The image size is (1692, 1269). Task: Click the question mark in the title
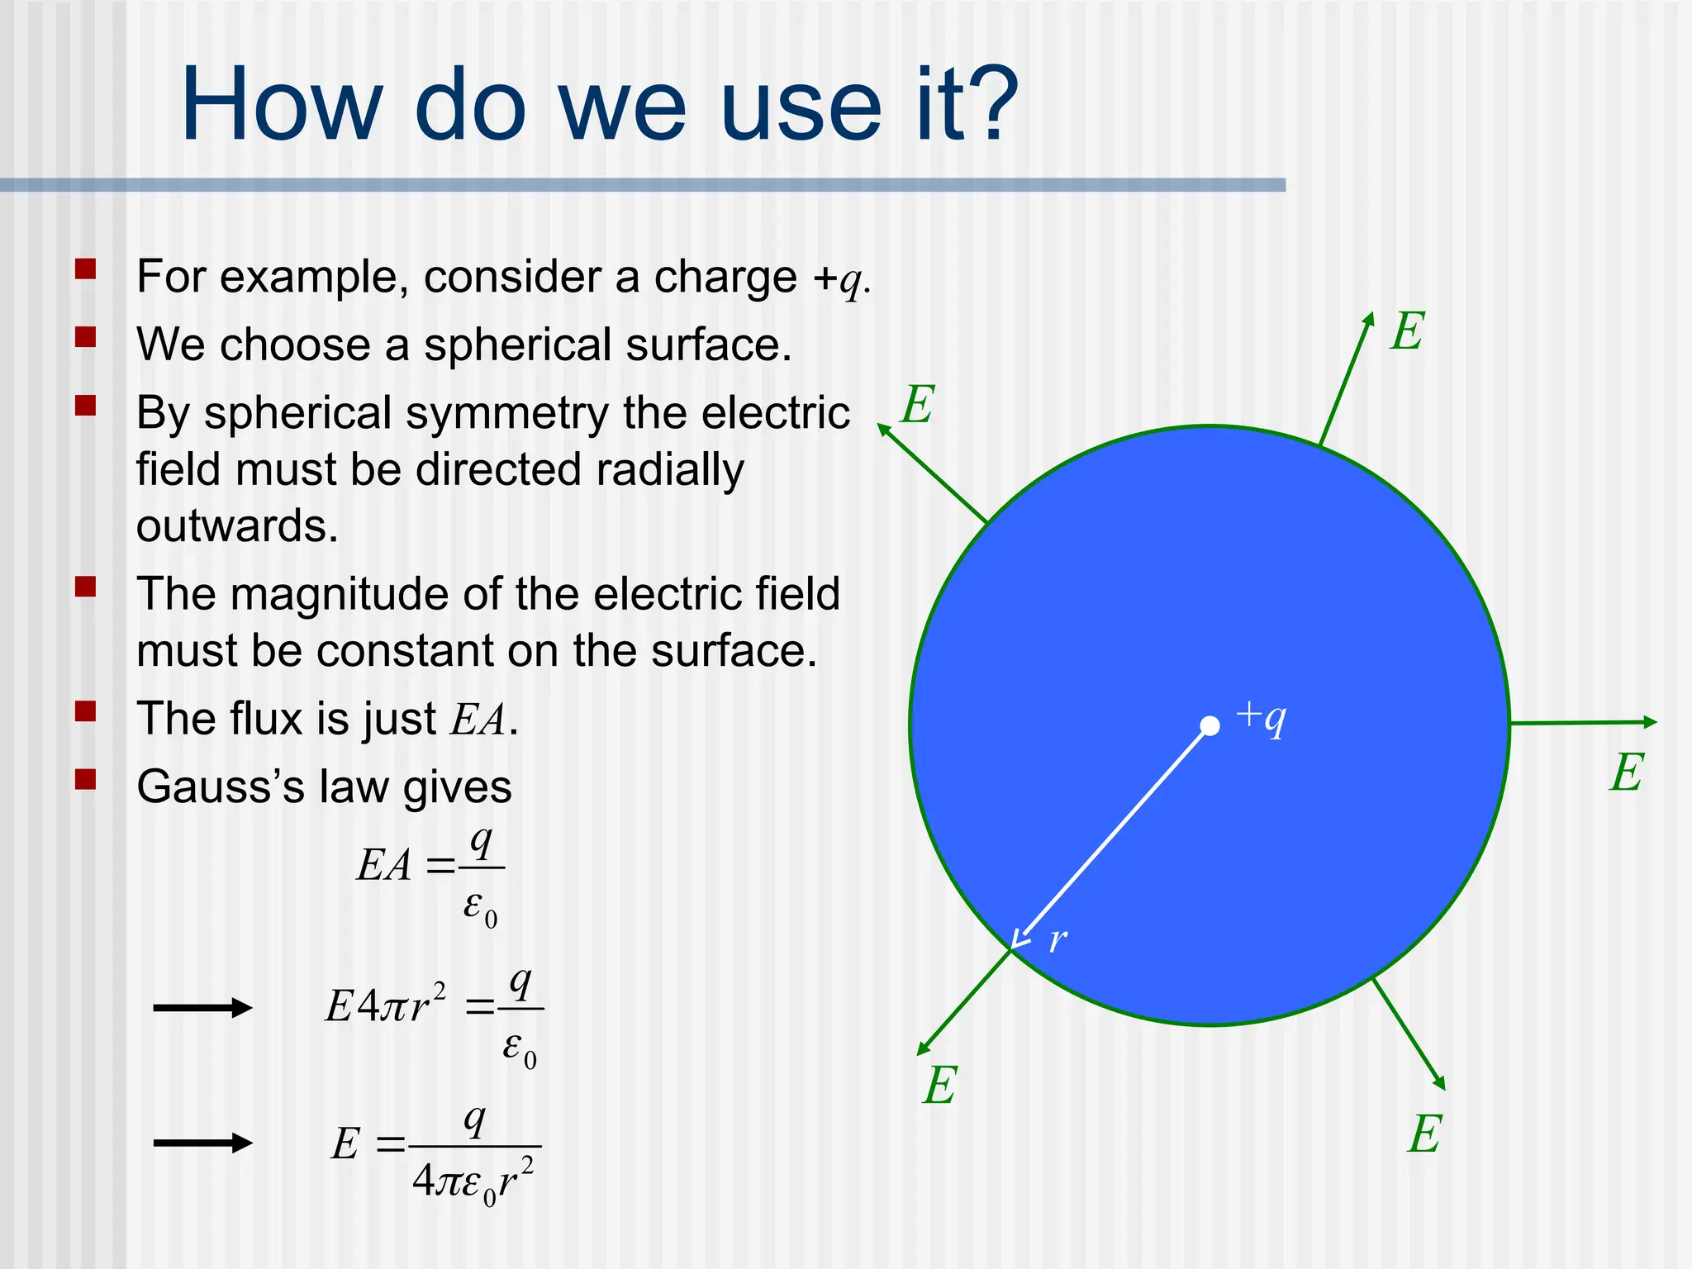point(988,105)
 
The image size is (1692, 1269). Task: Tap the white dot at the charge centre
point(1210,725)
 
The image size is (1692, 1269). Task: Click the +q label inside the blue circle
point(1262,717)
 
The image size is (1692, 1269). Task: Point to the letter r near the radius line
point(1057,940)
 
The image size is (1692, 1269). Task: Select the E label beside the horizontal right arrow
point(1627,773)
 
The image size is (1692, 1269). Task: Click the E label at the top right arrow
point(1407,332)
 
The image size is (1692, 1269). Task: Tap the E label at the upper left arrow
point(918,405)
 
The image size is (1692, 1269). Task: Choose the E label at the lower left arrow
point(939,1085)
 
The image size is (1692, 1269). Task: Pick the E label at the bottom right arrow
point(1424,1134)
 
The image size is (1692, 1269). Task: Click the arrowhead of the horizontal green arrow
point(1649,722)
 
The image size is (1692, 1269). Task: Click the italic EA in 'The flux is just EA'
point(477,719)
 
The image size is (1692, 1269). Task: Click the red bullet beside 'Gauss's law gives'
point(86,780)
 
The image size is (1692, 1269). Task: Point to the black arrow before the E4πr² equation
point(202,1007)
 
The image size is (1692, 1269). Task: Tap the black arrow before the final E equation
point(202,1143)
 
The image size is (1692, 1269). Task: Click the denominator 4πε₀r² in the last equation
point(473,1182)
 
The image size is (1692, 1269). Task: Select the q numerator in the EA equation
point(480,843)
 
